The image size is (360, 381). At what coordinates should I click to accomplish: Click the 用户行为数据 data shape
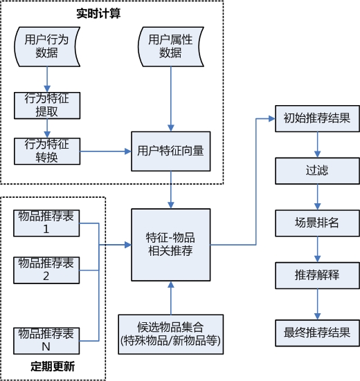[46, 46]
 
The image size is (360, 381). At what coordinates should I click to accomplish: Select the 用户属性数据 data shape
[170, 46]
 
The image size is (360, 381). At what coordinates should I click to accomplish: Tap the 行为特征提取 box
[47, 104]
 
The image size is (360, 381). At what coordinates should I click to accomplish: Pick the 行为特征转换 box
[47, 150]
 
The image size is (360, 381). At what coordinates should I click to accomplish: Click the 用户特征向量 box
[170, 150]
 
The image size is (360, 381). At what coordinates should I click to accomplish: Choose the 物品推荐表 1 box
[47, 222]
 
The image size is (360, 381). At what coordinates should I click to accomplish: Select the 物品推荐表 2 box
[47, 270]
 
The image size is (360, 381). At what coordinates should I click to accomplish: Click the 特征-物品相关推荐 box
[170, 243]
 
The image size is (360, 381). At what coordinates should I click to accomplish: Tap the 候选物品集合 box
[170, 333]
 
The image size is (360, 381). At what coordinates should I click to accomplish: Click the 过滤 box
[317, 169]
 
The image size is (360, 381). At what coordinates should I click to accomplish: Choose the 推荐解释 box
[317, 275]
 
